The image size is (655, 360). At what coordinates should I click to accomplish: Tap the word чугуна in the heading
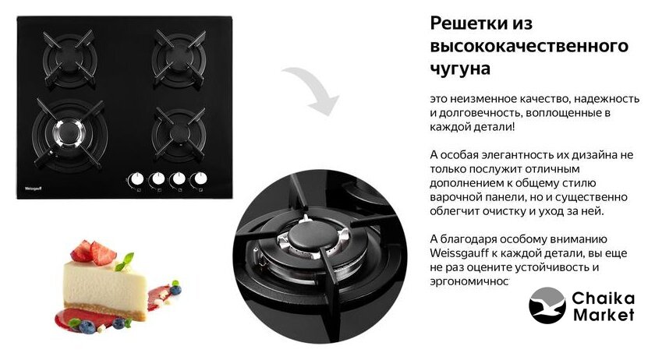point(460,69)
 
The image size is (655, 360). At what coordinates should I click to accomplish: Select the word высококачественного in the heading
point(529,45)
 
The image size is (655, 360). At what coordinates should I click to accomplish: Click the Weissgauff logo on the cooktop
point(33,189)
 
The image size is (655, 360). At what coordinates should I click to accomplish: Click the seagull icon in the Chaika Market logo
point(547,305)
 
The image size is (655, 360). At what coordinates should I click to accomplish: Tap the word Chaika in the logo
point(604,298)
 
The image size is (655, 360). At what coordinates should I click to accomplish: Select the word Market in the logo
point(604,315)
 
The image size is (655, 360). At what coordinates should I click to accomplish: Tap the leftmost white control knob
point(136,179)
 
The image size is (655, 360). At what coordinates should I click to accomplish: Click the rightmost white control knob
point(200,178)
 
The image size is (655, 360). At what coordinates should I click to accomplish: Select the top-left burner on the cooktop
point(69,58)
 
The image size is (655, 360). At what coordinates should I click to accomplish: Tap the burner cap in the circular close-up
point(310,237)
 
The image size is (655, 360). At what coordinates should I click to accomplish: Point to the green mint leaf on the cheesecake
point(126,262)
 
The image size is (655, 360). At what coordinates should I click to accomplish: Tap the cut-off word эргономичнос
point(469,282)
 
